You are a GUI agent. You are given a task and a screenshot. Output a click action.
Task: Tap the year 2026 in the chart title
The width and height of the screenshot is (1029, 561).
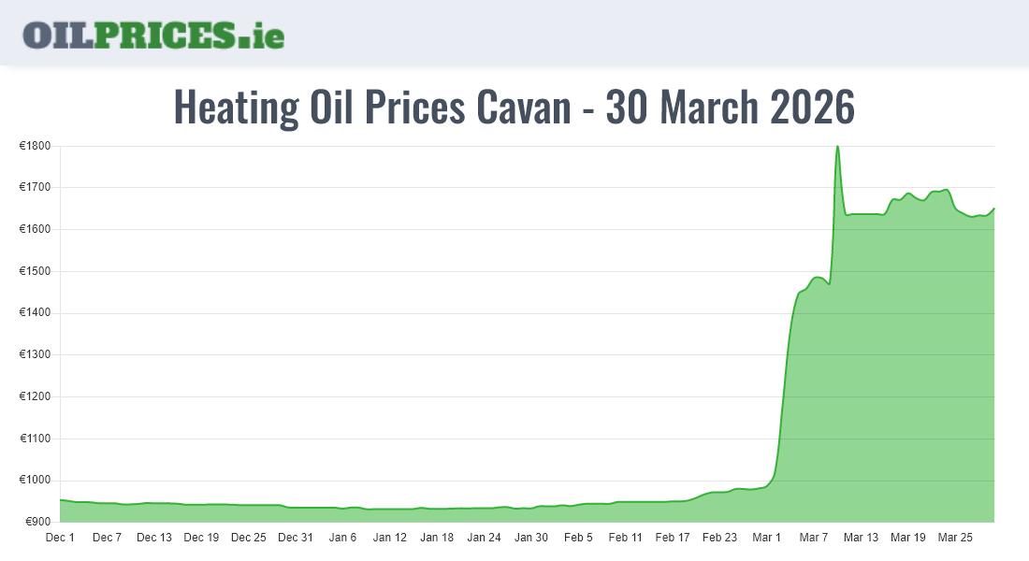pos(812,108)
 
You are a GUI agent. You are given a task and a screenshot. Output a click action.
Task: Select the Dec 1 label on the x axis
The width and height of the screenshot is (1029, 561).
pos(60,538)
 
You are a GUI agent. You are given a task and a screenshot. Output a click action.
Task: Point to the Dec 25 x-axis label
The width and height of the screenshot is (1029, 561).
pos(249,538)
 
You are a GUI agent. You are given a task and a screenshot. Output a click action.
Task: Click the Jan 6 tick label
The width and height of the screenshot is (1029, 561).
pos(342,538)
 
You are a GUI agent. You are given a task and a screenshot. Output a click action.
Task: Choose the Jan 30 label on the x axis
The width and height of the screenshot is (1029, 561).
pos(531,538)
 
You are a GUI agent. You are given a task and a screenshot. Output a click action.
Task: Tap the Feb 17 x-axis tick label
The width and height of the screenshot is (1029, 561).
pos(673,538)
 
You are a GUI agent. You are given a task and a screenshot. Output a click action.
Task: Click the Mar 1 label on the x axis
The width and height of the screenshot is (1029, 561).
pos(767,538)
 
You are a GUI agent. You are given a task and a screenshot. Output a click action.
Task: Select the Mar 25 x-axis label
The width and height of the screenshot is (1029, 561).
pos(955,538)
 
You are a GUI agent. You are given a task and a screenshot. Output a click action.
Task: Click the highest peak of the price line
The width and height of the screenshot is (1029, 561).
pos(837,146)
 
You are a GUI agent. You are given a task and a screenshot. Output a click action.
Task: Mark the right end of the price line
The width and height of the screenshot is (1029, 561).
pos(994,209)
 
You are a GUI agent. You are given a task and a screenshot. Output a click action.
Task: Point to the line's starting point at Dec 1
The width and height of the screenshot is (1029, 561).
pos(60,499)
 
